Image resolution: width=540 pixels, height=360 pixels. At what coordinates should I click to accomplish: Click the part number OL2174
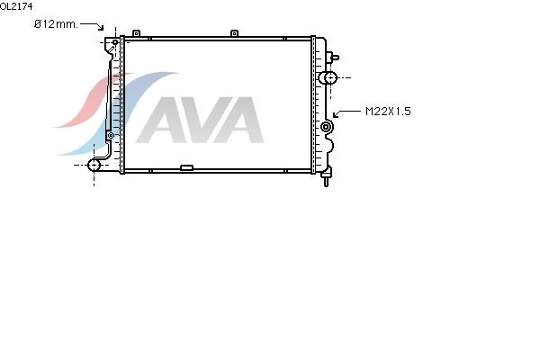[x=16, y=6]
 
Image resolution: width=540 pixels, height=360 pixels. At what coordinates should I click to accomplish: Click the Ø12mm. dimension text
[x=56, y=24]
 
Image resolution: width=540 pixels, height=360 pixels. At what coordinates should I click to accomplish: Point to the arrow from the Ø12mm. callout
[x=92, y=26]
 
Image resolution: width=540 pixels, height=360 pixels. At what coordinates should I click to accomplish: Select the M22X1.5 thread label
[x=388, y=112]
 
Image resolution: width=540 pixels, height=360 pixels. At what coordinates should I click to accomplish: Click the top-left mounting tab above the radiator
[x=137, y=33]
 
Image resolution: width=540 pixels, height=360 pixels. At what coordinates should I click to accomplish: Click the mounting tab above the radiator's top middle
[x=234, y=33]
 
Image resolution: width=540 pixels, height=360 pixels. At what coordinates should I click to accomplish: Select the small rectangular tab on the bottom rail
[x=186, y=167]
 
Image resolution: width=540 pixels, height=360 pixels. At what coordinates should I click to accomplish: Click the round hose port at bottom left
[x=94, y=166]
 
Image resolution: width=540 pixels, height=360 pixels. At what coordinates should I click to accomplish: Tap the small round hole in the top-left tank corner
[x=115, y=42]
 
